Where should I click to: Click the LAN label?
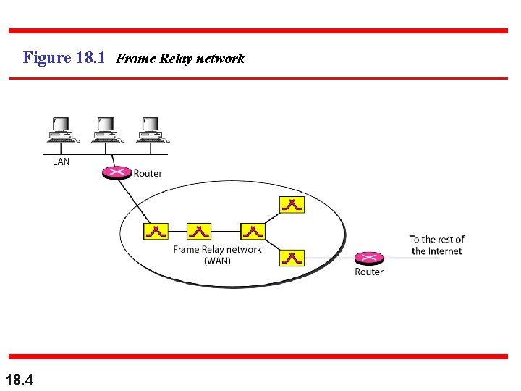point(62,161)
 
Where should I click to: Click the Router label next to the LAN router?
point(148,173)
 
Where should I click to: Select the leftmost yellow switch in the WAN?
point(156,231)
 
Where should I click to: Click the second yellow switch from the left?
point(198,231)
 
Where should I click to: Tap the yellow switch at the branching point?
point(253,231)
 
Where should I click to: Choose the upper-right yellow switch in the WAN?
point(292,204)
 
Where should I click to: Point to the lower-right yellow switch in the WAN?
point(292,257)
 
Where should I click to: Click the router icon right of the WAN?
point(368,258)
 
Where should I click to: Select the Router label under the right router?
point(369,272)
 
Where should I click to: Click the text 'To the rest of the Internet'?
point(436,245)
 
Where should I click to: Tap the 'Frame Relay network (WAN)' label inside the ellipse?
point(217,255)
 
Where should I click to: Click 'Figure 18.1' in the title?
point(66,58)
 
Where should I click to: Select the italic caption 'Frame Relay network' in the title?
point(180,59)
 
